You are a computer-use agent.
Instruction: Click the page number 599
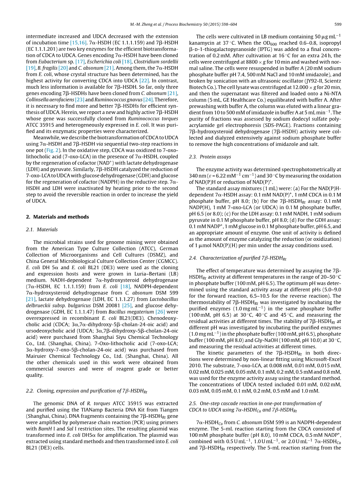(x=337, y=24)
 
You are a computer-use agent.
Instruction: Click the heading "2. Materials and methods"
(x=57, y=217)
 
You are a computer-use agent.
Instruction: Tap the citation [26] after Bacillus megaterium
(x=160, y=312)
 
